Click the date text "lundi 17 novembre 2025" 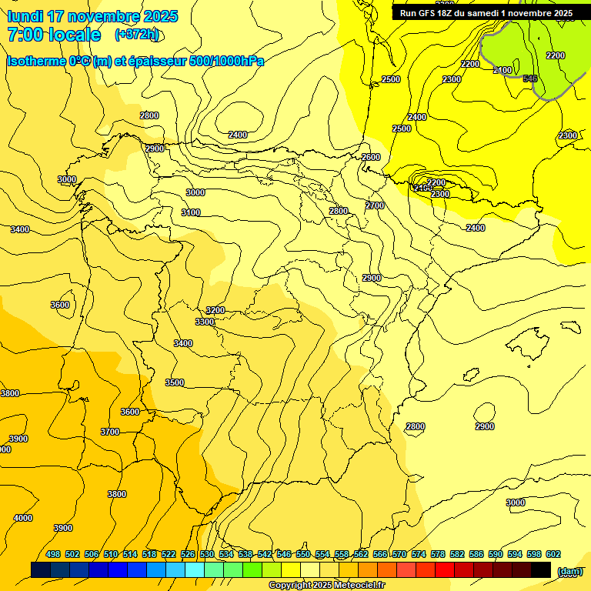pos(92,16)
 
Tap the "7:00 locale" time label pos(54,35)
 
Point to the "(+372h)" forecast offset pos(137,35)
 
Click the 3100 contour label pos(191,212)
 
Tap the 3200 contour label pos(215,310)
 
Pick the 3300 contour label pos(205,322)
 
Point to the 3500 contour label pos(175,382)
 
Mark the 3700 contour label pos(110,432)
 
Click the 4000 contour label pos(23,518)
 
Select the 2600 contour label pos(371,157)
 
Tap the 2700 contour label pos(375,205)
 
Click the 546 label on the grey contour pos(529,78)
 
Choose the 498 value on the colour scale pos(53,554)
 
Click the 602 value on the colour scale pos(553,554)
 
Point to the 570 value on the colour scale pos(399,554)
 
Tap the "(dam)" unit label pos(570,570)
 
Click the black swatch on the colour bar pos(541,570)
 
